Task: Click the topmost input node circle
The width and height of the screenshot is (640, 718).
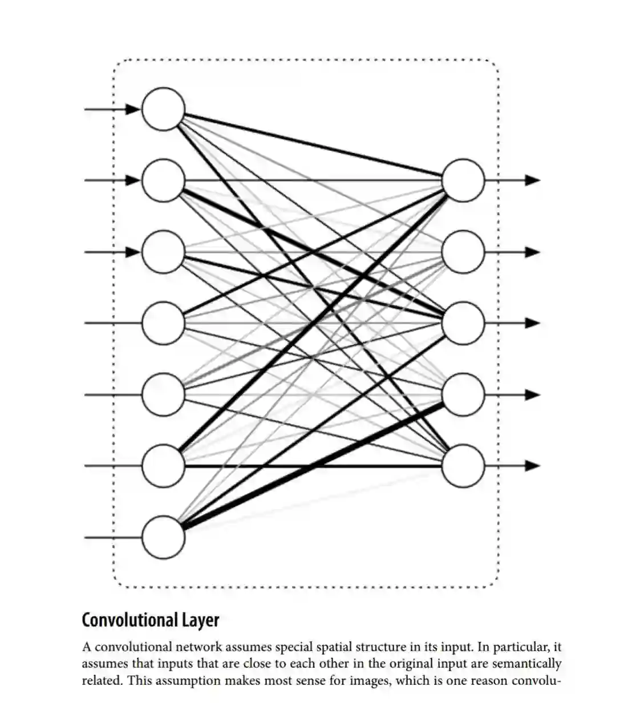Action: (x=163, y=109)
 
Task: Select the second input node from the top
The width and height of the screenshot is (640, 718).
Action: (x=163, y=180)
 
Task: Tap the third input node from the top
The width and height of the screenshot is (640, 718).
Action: (x=163, y=252)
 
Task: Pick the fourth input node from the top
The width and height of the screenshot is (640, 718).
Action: (x=163, y=323)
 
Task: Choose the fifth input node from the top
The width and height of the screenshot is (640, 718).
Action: (x=163, y=394)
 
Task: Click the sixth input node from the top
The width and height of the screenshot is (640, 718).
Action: (x=163, y=466)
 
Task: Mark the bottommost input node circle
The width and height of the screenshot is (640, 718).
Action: (x=163, y=537)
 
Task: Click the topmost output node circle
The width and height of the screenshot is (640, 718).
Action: (x=463, y=180)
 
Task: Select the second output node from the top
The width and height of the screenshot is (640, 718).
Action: (x=463, y=252)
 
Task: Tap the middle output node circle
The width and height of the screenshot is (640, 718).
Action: (x=463, y=323)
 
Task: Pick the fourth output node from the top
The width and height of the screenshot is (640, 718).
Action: (x=463, y=394)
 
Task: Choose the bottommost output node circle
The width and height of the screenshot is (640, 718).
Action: (x=463, y=466)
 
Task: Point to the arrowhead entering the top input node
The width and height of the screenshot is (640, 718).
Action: (x=133, y=109)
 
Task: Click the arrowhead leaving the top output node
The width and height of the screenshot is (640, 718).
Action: (x=532, y=180)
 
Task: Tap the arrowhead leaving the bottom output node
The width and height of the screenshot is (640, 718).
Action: (x=532, y=466)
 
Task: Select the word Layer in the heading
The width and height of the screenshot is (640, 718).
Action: (x=200, y=620)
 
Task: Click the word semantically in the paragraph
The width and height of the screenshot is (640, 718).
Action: (x=526, y=664)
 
